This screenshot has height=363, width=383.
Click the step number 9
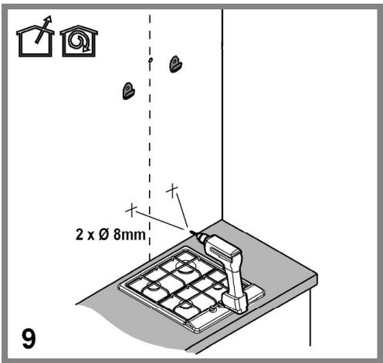point(29,338)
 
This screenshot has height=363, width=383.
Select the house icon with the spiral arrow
point(79,41)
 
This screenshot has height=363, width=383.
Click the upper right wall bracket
point(175,64)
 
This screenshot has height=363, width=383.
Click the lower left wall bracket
point(128,90)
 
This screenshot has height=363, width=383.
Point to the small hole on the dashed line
point(151,60)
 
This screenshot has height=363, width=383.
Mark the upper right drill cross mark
point(172,191)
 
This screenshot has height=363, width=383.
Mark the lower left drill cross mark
point(131,210)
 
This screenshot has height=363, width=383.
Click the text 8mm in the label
point(130,235)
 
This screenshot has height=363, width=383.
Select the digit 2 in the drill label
point(80,235)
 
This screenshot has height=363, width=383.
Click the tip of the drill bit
point(190,231)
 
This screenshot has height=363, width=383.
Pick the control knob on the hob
point(212,308)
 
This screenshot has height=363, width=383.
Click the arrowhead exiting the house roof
point(49,19)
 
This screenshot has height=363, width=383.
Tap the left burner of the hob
point(152,290)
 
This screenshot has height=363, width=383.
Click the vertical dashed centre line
point(150,137)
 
